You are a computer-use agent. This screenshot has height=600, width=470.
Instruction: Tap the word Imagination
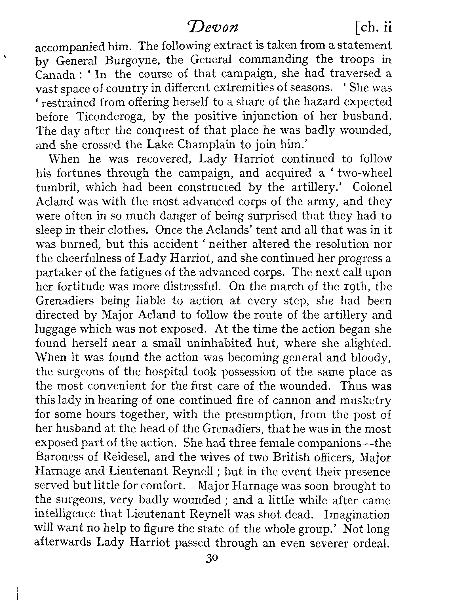pos(357,514)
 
